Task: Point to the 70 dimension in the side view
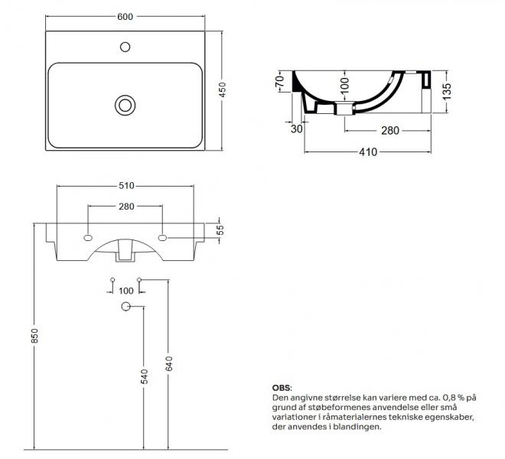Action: point(279,80)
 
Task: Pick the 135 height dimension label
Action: point(437,91)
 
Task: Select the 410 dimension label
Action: point(369,152)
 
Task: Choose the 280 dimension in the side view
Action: point(391,131)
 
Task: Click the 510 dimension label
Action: point(126,186)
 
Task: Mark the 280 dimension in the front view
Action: point(126,207)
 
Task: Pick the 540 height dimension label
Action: point(144,376)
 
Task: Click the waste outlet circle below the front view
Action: point(126,306)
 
